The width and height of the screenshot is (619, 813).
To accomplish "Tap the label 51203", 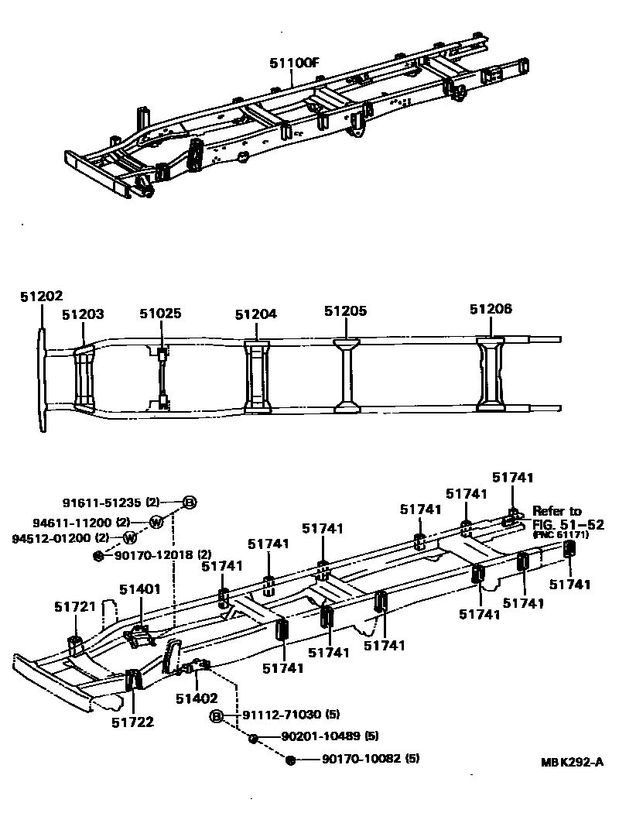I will (83, 314).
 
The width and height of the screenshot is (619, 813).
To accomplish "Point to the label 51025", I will (160, 314).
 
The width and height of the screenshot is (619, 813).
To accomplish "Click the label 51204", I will (256, 314).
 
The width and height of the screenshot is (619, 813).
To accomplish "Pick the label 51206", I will (491, 309).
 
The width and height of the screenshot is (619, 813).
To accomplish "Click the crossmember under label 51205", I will (346, 375).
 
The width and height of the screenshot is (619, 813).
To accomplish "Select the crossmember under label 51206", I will (491, 373).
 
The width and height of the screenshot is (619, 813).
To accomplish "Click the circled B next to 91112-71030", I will (217, 715).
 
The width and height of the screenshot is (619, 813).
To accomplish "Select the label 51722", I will (132, 722).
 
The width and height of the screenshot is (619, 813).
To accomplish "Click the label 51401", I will (140, 589).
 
